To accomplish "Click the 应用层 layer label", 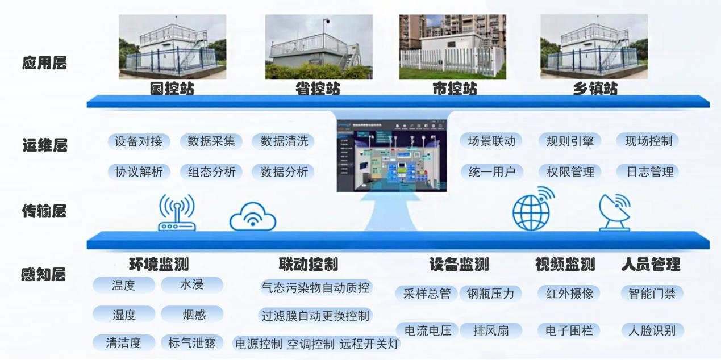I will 44,63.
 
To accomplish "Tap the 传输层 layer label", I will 44,212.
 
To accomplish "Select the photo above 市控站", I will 453,47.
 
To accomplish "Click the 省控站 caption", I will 318,89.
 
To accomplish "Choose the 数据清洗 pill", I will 284,141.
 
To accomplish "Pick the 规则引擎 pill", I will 569,141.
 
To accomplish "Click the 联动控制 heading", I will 309,265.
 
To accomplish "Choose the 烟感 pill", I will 191,314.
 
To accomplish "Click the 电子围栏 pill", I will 569,330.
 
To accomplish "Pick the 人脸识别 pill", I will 652,330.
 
